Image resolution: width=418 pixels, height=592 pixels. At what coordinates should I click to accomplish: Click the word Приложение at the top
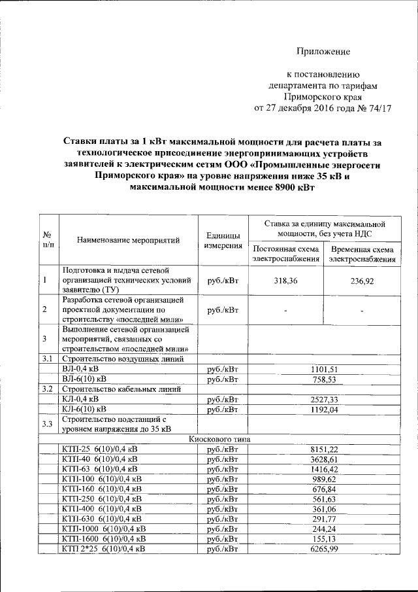click(323, 51)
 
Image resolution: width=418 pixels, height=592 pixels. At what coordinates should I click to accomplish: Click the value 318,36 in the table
click(286, 280)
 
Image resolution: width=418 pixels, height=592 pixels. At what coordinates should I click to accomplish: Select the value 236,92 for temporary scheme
click(361, 280)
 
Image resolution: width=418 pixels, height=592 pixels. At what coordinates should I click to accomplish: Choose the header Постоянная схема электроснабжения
click(286, 254)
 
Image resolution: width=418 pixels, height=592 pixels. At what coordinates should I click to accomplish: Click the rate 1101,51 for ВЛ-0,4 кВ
click(324, 369)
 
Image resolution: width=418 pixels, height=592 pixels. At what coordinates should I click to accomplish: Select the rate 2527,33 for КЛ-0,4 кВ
click(324, 399)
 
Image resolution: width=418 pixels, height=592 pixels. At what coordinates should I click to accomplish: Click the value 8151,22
click(324, 449)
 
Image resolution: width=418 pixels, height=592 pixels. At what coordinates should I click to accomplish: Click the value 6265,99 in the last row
click(324, 548)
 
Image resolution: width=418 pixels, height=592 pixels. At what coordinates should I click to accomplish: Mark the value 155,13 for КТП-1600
click(324, 538)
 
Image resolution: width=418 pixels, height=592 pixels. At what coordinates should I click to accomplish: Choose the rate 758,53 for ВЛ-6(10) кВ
click(324, 379)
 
